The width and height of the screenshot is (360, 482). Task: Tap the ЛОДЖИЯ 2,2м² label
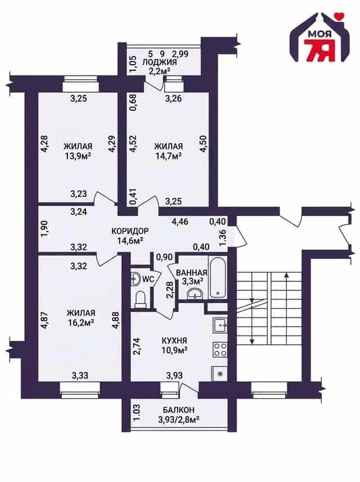point(159,66)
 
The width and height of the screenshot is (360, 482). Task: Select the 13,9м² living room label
point(78,151)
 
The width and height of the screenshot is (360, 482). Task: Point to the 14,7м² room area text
point(168,156)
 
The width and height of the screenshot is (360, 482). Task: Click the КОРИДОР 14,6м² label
point(130,236)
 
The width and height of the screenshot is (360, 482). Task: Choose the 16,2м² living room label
point(80,322)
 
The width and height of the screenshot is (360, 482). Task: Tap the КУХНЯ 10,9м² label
point(174,345)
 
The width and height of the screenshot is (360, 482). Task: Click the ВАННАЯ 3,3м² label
point(191,277)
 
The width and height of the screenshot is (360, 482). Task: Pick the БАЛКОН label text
point(179,410)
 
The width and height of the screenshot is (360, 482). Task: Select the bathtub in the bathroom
point(218,277)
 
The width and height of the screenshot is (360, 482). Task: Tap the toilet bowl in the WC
point(141,299)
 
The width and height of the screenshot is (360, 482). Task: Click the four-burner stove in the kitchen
point(220,350)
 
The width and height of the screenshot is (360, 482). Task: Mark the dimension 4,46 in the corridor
point(181,221)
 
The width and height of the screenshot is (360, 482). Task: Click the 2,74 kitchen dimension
point(137,347)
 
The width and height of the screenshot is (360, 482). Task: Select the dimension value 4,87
point(44,321)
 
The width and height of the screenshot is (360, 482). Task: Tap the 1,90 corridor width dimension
point(44,229)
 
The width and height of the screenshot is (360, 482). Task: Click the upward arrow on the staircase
point(286,308)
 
